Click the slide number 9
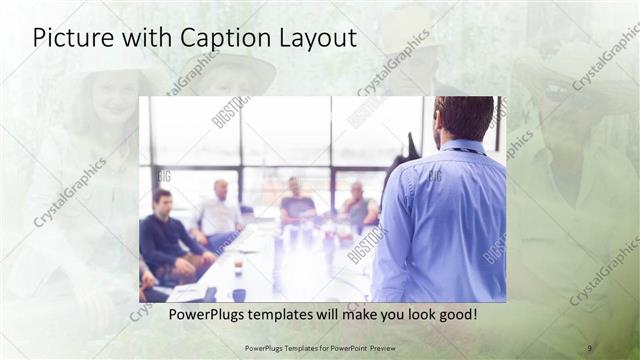click(589, 347)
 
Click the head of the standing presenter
click(464, 117)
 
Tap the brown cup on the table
click(237, 266)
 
